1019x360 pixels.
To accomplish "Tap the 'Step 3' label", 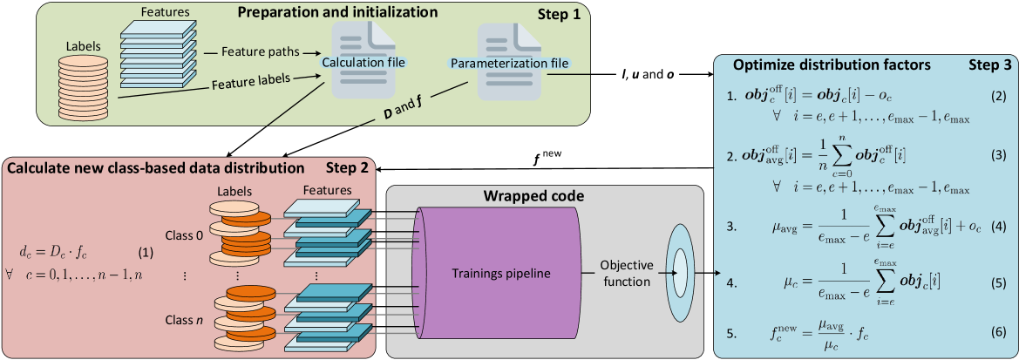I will (x=990, y=65).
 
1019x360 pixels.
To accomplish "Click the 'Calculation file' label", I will (x=363, y=63).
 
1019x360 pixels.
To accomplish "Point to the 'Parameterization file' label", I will (x=509, y=63).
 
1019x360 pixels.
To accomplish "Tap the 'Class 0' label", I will (x=184, y=235).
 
